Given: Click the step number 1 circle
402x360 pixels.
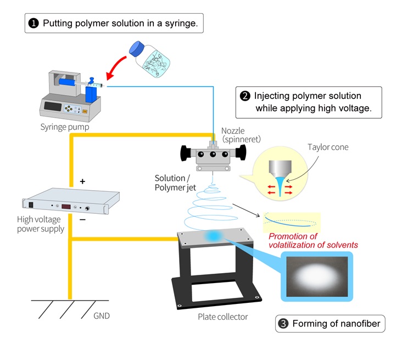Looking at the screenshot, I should tap(34, 24).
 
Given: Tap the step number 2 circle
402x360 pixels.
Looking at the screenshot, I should tap(245, 96).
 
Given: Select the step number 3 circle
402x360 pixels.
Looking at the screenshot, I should tap(283, 323).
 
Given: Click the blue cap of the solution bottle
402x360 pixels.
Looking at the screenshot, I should tap(135, 49).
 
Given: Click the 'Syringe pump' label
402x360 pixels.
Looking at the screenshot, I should tap(64, 127).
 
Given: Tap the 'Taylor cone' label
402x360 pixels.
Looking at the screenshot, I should tap(328, 147).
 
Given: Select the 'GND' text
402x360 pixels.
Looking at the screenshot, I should tap(102, 317).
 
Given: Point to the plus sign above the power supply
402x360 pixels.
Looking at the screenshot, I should tap(83, 181).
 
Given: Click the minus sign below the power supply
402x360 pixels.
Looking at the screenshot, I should tap(83, 219).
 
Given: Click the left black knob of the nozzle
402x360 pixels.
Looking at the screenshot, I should tap(185, 153).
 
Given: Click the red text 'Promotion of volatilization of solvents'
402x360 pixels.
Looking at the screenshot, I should tap(313, 241).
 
